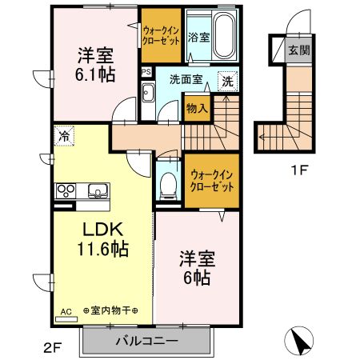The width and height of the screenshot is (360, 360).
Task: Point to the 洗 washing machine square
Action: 227,80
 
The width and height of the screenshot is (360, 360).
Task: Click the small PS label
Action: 146,71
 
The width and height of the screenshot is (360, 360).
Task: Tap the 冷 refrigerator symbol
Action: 64,135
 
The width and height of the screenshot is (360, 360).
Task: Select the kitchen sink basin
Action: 97,190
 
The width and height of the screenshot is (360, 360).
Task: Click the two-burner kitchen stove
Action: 66,190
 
